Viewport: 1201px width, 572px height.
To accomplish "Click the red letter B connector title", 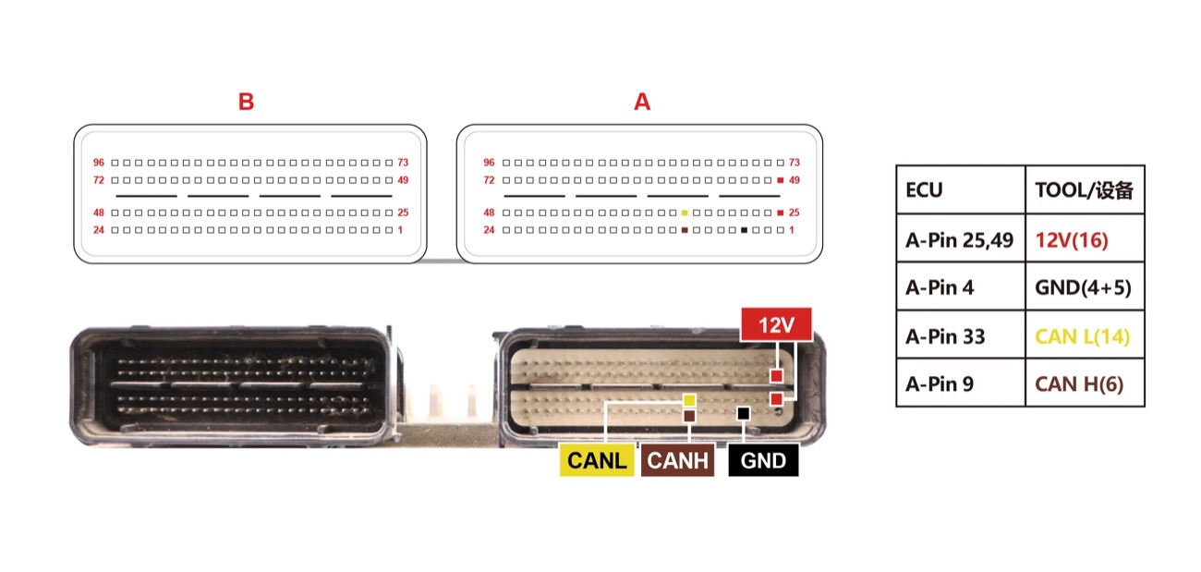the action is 246,102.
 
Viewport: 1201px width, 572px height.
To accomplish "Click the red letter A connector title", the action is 642,102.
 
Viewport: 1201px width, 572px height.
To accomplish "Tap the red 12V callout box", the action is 776,324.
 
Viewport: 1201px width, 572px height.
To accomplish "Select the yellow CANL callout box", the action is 597,460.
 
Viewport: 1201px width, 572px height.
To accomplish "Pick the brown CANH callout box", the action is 678,460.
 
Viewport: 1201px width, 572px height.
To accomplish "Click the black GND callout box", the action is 763,460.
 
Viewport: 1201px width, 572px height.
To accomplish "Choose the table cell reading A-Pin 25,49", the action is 960,238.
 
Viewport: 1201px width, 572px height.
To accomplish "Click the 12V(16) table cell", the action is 1085,238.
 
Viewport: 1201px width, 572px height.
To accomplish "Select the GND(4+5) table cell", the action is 1085,286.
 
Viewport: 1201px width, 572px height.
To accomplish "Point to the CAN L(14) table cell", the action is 1085,335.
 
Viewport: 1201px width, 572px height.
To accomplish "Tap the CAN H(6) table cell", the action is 1085,383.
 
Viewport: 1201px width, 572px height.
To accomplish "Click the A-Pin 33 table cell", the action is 960,335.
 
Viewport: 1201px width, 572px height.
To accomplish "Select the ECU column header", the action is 960,189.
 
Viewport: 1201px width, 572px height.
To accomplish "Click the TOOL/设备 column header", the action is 1085,189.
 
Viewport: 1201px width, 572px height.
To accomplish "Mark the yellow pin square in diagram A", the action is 685,213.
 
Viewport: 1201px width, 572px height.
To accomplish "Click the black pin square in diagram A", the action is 745,230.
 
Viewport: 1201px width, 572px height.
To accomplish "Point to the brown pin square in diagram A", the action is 685,230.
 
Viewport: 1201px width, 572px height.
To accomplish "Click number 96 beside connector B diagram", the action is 99,163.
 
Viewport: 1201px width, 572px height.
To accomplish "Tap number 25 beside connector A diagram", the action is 795,213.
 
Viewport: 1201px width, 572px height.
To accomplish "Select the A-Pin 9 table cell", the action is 960,383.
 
